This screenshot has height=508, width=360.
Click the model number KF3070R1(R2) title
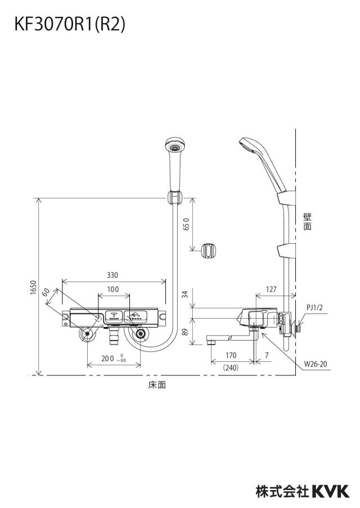[x=69, y=24]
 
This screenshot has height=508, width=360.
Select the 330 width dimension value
[x=112, y=275]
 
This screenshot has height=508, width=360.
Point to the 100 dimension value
[x=113, y=289]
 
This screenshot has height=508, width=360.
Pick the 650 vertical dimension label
[x=186, y=224]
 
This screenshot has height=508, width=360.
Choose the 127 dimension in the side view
[x=271, y=289]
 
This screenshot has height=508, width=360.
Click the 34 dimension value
[x=185, y=294]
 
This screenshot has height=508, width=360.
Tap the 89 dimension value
[x=185, y=332]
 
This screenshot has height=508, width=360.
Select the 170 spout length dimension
[x=231, y=355]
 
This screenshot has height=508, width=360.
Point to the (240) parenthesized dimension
[x=231, y=368]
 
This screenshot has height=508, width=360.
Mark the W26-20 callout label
[x=316, y=364]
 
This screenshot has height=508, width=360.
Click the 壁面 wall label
[x=308, y=221]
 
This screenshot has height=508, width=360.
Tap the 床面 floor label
[x=157, y=384]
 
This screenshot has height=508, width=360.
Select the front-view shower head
[x=175, y=164]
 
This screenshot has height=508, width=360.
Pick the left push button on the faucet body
[x=114, y=316]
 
